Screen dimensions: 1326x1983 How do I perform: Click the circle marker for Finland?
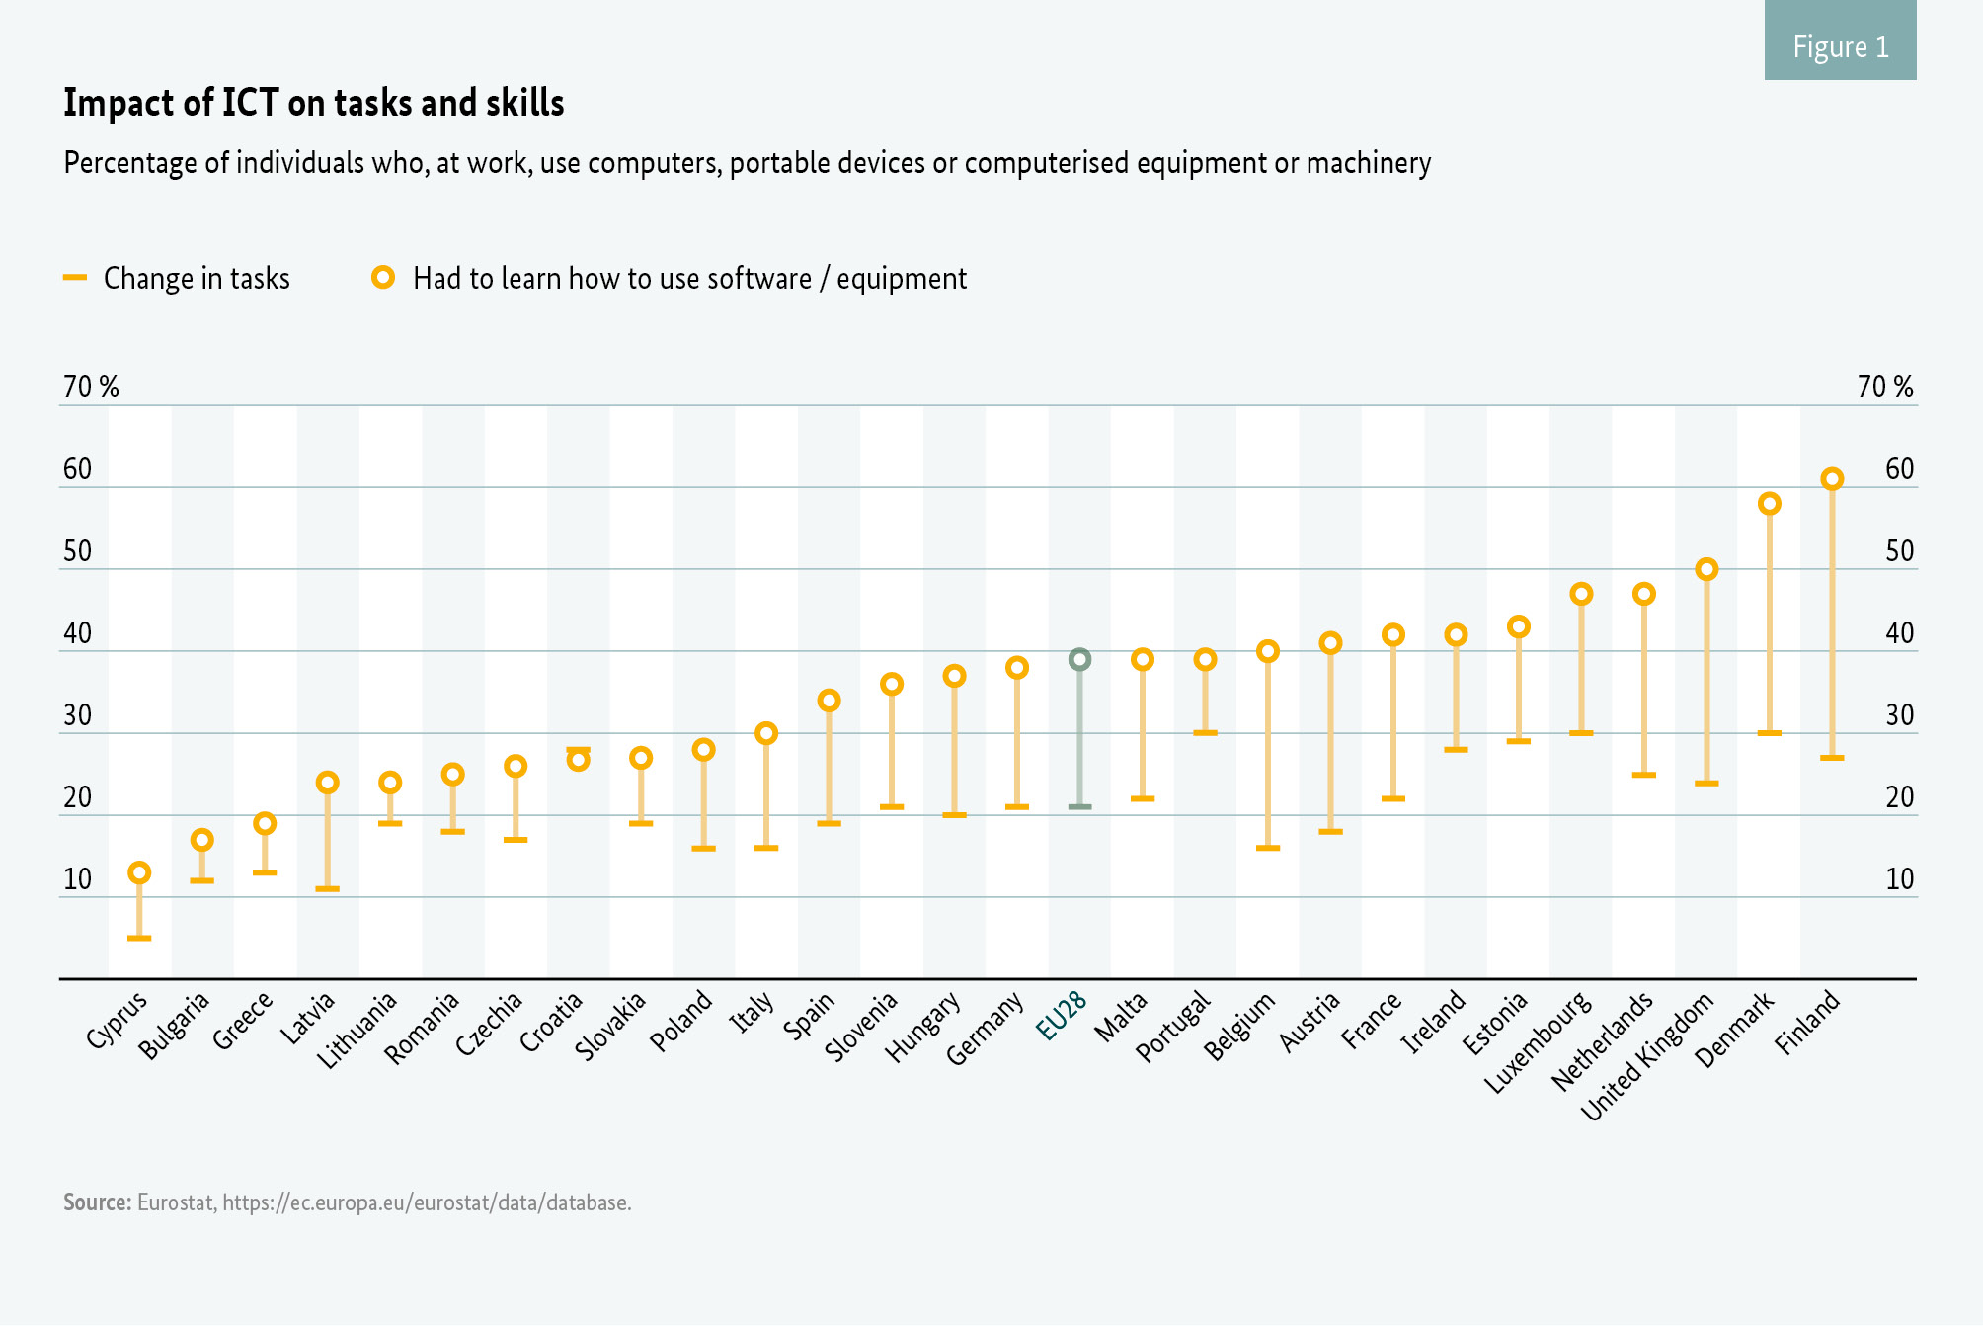(1832, 479)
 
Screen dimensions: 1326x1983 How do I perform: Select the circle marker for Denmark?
(1770, 504)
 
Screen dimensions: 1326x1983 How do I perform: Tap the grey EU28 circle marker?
(1080, 659)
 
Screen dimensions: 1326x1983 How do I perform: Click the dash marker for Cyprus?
(139, 938)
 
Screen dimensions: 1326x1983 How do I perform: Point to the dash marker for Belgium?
(1268, 848)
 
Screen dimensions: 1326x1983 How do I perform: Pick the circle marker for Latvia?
(327, 783)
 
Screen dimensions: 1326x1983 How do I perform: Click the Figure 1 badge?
(1840, 46)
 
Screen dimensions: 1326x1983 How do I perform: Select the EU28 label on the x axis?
(1062, 1016)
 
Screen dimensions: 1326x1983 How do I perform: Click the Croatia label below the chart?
(551, 1023)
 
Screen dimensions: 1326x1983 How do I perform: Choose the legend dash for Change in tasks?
(75, 278)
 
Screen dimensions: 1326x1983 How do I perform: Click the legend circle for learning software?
(383, 278)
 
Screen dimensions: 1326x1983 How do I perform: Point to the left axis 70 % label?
(91, 387)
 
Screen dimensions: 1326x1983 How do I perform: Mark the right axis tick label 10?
(1900, 879)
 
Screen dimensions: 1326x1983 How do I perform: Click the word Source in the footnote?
(97, 1202)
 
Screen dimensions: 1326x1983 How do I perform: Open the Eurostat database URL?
(427, 1202)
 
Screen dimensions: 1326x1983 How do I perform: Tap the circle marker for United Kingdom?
(1706, 569)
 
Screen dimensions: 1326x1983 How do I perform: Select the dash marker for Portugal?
(1205, 733)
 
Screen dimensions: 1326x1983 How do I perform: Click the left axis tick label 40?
(77, 633)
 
